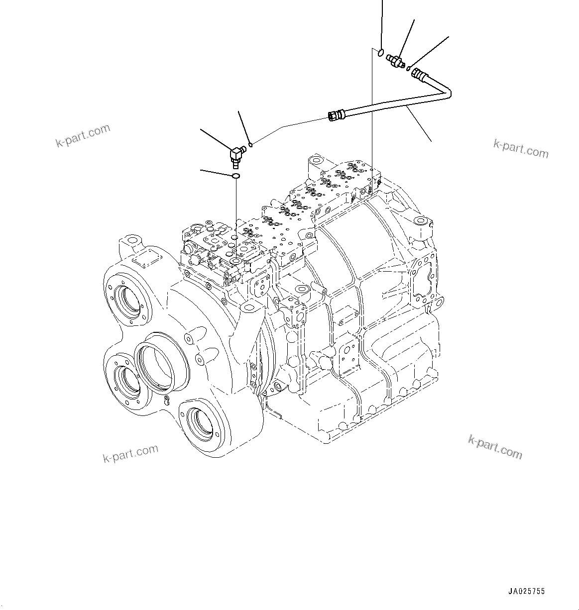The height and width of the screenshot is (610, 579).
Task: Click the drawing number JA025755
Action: click(526, 592)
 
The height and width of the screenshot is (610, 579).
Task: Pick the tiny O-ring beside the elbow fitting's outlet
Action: click(251, 145)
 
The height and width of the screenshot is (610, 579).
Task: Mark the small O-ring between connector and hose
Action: click(408, 69)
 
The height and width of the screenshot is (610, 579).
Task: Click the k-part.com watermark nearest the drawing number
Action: click(495, 446)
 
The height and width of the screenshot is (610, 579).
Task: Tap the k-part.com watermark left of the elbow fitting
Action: click(83, 136)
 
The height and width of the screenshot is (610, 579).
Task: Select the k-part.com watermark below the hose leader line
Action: click(521, 149)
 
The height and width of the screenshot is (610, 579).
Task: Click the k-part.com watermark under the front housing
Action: click(130, 453)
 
